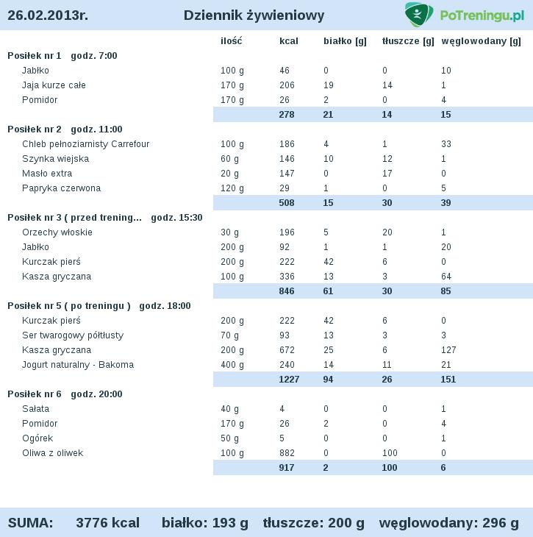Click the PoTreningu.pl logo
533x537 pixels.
[464, 15]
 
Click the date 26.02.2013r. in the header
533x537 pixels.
[48, 15]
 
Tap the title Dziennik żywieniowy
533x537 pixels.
[254, 15]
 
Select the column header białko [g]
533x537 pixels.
[345, 41]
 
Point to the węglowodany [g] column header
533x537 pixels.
[482, 41]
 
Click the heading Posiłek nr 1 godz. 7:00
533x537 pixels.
[62, 56]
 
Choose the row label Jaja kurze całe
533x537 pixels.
[54, 85]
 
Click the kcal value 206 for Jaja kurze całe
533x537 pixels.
[287, 85]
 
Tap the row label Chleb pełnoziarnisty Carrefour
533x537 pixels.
[85, 144]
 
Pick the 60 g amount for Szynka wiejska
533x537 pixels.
[229, 159]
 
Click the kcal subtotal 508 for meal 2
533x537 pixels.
[287, 203]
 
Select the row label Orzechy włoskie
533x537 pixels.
[57, 232]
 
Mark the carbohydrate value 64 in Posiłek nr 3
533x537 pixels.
[446, 277]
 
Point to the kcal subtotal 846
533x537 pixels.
[287, 291]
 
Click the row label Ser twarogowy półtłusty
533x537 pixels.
[73, 335]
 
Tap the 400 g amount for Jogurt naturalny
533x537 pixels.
[232, 365]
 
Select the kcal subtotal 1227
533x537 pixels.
[289, 380]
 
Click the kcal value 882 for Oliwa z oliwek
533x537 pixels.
[287, 453]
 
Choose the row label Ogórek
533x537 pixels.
[36, 438]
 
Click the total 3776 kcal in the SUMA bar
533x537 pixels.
[107, 523]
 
